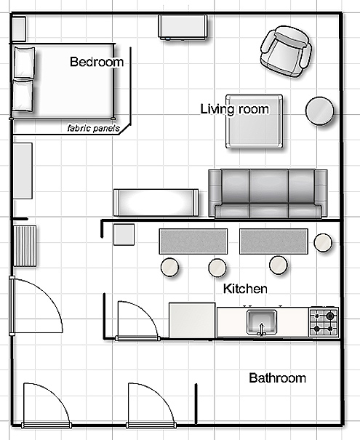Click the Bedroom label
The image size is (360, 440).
97,62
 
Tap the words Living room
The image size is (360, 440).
235,109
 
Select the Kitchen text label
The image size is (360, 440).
245,289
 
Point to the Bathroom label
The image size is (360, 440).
278,378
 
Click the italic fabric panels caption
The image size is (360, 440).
93,128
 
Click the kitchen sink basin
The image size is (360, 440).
262,322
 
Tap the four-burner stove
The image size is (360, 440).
324,322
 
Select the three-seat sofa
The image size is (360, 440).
268,193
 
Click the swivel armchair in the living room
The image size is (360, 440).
286,52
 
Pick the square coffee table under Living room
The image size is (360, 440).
255,121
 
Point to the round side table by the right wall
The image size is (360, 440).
319,111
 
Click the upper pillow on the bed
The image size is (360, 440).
25,62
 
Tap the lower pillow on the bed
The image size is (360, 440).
23,95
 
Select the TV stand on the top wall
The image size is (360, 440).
183,27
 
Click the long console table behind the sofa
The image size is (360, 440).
156,203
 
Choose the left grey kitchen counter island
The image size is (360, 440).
193,241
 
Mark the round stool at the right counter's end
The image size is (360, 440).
323,242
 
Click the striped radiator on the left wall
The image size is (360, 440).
25,246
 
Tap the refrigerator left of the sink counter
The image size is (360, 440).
192,320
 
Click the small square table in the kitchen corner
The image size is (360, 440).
124,234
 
